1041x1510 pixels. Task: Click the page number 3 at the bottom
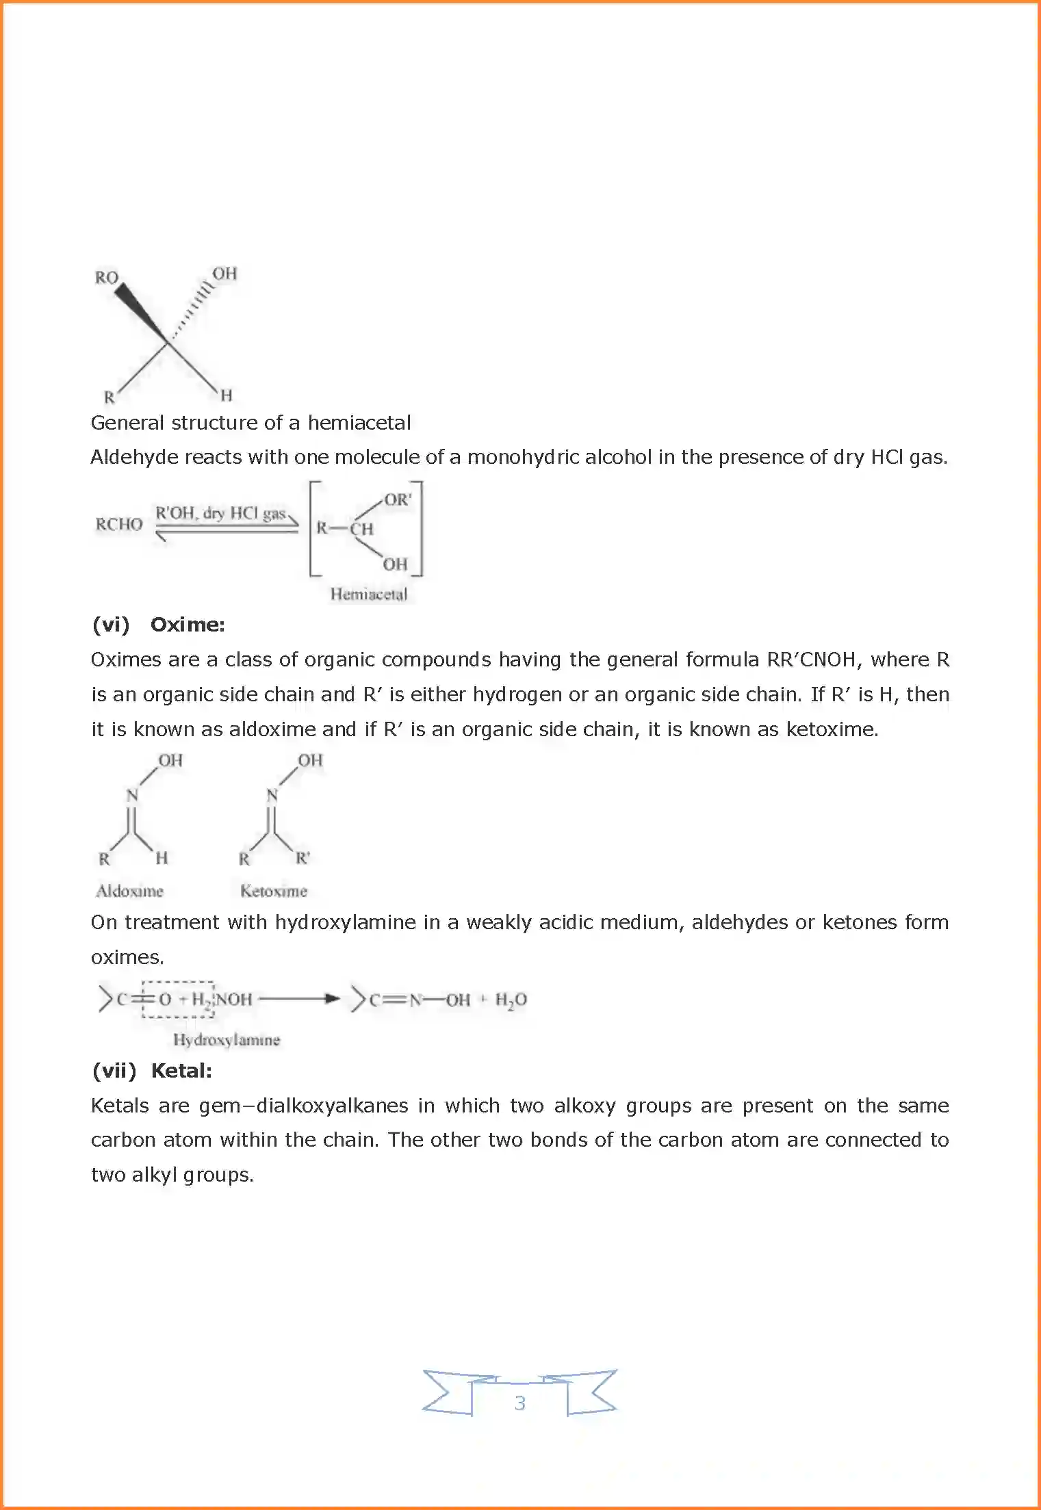coord(519,1403)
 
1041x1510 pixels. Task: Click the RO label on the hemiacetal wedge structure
coord(107,277)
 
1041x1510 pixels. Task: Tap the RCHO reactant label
coord(119,524)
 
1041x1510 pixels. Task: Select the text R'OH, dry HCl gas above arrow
coord(220,513)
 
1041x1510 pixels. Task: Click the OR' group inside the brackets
coord(398,499)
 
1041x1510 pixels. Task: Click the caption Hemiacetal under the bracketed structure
coord(368,594)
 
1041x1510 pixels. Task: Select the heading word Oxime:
coord(188,625)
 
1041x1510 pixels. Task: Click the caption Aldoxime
coord(129,891)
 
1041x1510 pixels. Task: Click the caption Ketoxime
coord(273,891)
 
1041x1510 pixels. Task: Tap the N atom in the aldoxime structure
coord(132,795)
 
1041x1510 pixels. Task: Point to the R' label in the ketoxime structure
coord(303,858)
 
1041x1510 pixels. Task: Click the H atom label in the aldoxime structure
coord(162,858)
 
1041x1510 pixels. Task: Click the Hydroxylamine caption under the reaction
coord(227,1040)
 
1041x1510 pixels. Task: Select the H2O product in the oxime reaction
coord(511,1000)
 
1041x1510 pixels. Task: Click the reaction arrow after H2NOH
coord(299,999)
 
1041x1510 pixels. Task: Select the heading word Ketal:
coord(181,1071)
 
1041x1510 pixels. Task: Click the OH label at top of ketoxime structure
coord(310,760)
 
